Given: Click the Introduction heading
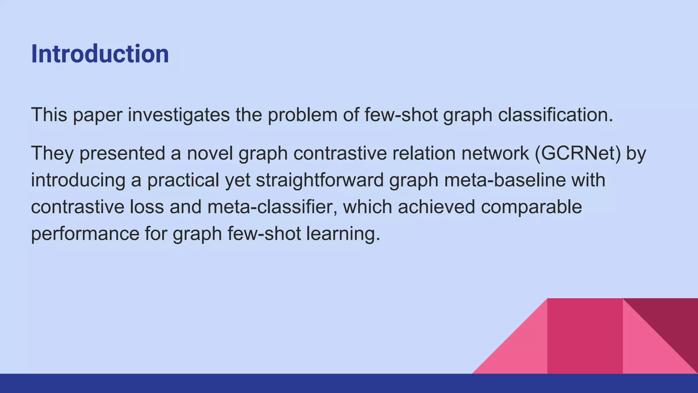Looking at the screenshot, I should pyautogui.click(x=100, y=54).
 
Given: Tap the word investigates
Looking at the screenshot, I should pyautogui.click(x=179, y=115).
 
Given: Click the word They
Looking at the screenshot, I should pyautogui.click(x=52, y=153).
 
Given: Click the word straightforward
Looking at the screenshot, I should pyautogui.click(x=320, y=180).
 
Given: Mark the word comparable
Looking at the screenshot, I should pyautogui.click(x=531, y=207).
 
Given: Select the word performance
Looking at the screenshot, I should pyautogui.click(x=85, y=234).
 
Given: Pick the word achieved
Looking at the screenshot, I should pyautogui.click(x=436, y=207).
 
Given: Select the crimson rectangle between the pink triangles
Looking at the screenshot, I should pyautogui.click(x=585, y=336).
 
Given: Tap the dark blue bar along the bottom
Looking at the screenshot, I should pyautogui.click(x=349, y=383).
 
